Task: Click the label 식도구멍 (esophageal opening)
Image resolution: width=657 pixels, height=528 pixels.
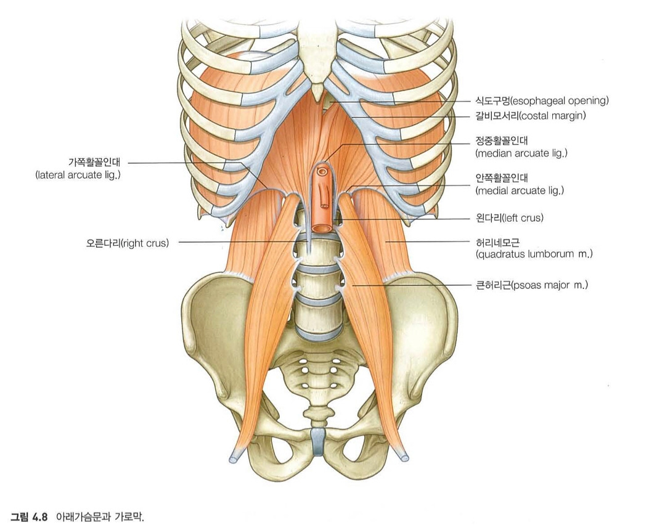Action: pos(542,100)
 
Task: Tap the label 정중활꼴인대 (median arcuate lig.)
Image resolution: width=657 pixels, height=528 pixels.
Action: pos(521,148)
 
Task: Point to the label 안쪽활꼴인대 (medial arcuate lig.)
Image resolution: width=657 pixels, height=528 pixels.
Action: pos(520,185)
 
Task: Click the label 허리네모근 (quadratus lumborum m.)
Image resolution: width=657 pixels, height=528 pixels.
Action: pos(534,248)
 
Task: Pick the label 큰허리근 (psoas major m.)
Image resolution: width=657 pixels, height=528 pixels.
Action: pos(528,285)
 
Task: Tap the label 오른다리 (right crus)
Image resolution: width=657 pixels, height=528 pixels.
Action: pos(128,243)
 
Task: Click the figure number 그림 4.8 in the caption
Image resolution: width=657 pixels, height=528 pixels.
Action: pos(31,514)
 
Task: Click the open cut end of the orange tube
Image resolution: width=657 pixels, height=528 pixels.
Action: pos(321,228)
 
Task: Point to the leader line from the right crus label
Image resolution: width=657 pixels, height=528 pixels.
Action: pos(240,243)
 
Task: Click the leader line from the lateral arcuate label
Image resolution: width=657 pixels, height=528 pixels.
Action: pos(179,163)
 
